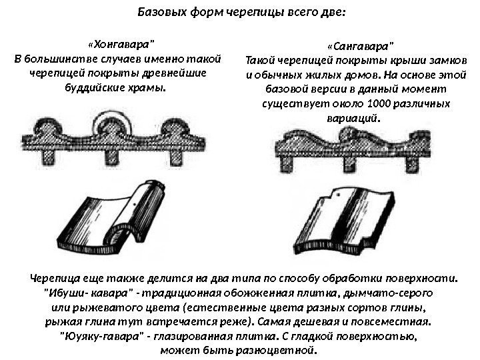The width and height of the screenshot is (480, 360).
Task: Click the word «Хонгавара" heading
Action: pos(120,45)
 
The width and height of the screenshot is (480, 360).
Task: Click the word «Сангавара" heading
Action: pos(361,46)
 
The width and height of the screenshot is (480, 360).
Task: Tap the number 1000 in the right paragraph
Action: pos(382,105)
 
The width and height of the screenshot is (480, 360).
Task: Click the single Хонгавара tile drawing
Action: pos(121,213)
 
